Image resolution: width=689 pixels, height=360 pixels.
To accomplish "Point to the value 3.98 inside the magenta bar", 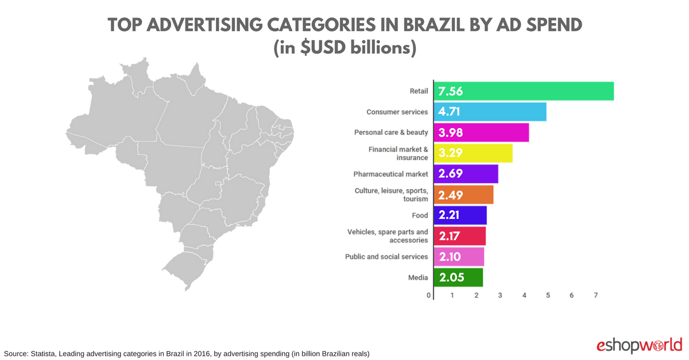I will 450,133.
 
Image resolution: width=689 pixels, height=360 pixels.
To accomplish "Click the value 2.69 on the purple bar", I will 450,174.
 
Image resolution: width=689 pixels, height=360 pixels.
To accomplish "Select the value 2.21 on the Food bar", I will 450,215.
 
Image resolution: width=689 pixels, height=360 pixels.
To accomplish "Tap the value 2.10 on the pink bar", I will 450,257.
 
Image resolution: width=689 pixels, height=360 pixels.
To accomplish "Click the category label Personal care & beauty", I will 391,133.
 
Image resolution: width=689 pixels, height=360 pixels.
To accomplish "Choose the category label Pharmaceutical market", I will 391,174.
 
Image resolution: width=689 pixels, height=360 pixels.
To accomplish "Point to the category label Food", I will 420,215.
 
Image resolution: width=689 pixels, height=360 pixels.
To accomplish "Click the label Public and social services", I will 386,257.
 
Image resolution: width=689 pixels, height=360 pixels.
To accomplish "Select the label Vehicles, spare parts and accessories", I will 388,236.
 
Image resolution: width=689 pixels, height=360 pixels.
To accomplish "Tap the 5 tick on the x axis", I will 548,295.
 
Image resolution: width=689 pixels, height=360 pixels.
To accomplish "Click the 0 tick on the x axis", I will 428,295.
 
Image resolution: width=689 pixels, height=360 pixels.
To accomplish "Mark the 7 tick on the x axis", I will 595,295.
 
